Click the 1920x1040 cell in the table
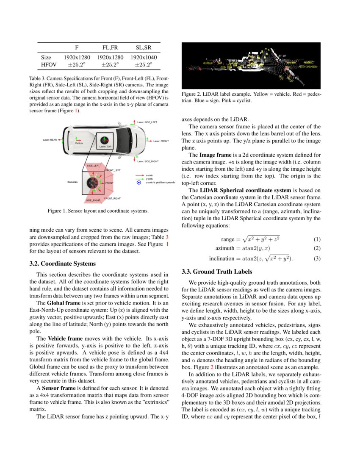(144, 57)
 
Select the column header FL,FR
(110, 47)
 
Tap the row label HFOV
(46, 65)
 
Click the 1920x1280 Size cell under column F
(77, 57)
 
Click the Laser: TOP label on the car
(105, 147)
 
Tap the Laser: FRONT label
(161, 141)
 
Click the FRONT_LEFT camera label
(113, 170)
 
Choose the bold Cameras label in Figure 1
(74, 182)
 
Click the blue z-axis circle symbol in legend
(138, 183)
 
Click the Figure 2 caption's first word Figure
(189, 94)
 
